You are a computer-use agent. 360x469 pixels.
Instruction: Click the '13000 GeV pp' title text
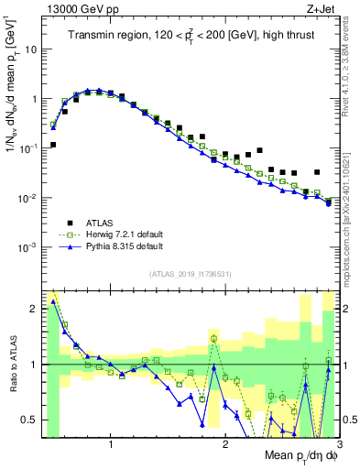click(x=78, y=9)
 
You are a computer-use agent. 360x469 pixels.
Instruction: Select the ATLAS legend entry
click(x=97, y=221)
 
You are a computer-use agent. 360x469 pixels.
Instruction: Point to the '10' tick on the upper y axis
click(x=29, y=49)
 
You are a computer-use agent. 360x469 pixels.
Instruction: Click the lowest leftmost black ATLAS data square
click(x=53, y=145)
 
